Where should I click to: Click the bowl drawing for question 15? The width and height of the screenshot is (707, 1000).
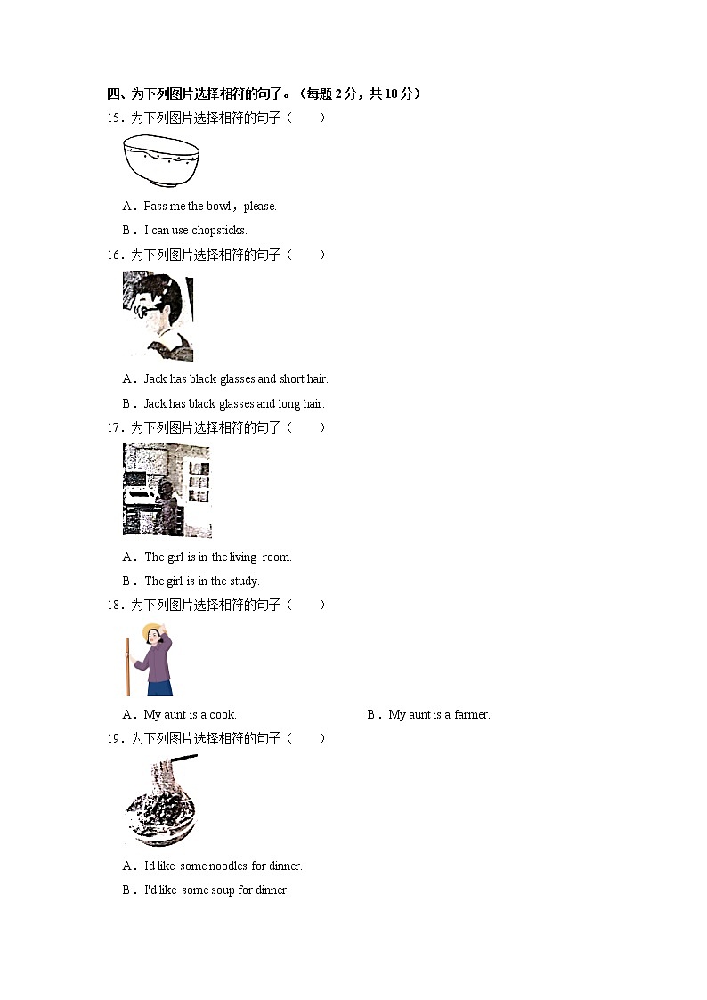(x=161, y=160)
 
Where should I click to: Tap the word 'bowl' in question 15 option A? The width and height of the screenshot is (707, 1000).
(x=219, y=206)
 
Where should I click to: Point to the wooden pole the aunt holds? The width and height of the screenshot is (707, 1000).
(x=127, y=666)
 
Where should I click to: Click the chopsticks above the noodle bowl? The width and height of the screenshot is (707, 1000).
(x=183, y=760)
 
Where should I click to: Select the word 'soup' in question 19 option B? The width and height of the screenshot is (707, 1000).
(x=223, y=890)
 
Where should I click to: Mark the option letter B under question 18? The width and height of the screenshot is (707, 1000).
(x=371, y=715)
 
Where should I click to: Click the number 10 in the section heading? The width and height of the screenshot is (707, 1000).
(x=392, y=93)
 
